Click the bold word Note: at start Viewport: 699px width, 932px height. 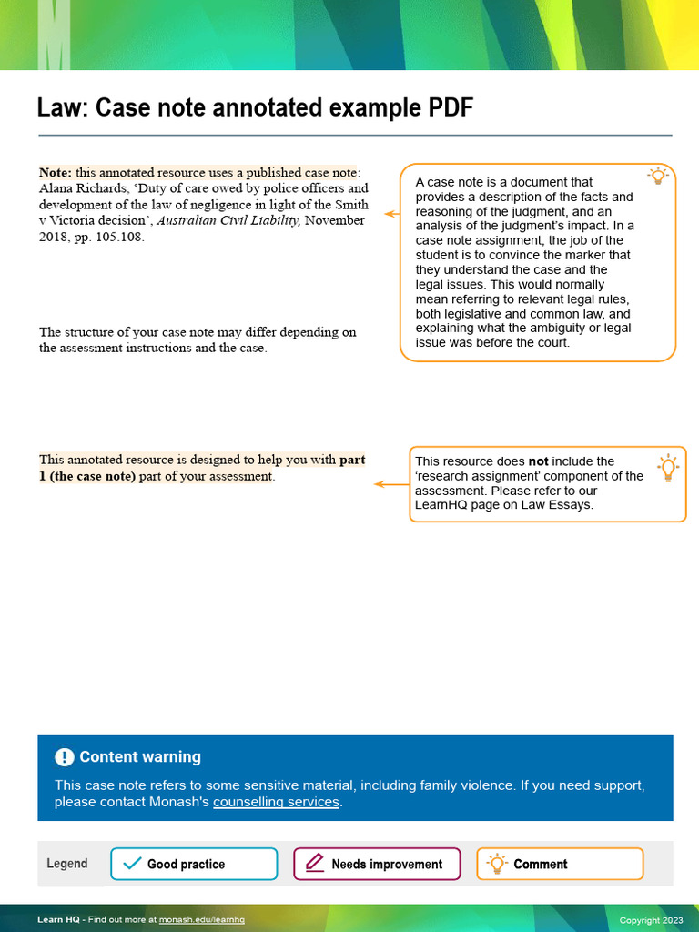(56, 173)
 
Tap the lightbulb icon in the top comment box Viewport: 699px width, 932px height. (657, 177)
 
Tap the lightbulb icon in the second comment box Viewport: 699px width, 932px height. (668, 467)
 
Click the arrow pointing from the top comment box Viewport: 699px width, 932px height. (392, 214)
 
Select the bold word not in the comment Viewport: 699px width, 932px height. (538, 461)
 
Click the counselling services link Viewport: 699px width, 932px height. (276, 802)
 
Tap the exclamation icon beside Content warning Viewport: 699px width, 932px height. (65, 757)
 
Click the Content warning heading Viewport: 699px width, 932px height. (139, 757)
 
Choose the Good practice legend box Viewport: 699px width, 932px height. (194, 864)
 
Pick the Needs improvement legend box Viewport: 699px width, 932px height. (377, 864)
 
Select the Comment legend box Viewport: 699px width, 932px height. (560, 864)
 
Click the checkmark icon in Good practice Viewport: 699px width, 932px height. (132, 864)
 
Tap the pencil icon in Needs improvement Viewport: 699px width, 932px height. (315, 864)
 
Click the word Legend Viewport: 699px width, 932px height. (67, 864)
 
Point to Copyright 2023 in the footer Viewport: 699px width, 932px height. (650, 920)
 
